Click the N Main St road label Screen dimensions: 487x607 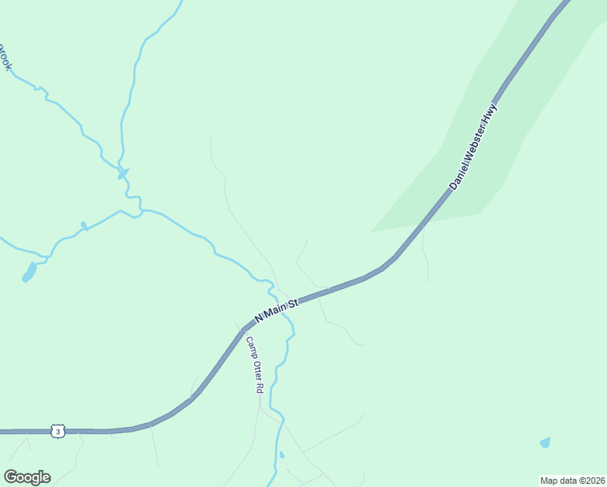pyautogui.click(x=278, y=309)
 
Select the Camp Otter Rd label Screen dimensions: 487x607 pyautogui.click(x=255, y=365)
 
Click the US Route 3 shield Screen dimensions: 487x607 pyautogui.click(x=57, y=431)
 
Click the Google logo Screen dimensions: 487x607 pyautogui.click(x=27, y=477)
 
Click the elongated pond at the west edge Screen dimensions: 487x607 pyautogui.click(x=29, y=273)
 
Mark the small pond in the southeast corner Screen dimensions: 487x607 pyautogui.click(x=545, y=443)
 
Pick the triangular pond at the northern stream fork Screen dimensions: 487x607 pyautogui.click(x=123, y=173)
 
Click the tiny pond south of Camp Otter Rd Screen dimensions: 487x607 pyautogui.click(x=282, y=455)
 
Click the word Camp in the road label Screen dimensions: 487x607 pyautogui.click(x=251, y=347)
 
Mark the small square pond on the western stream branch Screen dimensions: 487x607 pyautogui.click(x=83, y=225)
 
